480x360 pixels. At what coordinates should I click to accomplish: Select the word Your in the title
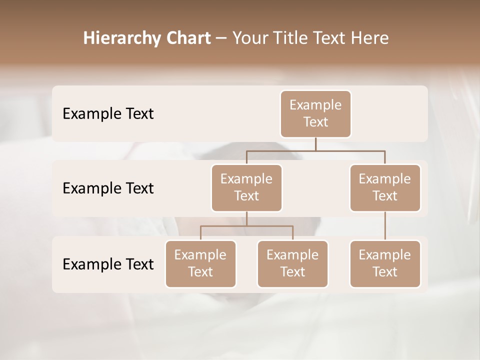(248, 38)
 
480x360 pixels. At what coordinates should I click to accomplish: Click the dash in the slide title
(221, 39)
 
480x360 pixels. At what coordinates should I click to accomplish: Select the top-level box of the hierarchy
(315, 113)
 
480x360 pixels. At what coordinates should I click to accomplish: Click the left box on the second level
(246, 187)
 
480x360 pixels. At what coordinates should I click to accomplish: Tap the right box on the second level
(385, 187)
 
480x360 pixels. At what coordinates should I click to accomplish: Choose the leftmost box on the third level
(200, 263)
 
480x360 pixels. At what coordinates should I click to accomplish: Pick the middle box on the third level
(292, 263)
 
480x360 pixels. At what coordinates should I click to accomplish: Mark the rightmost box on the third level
(385, 263)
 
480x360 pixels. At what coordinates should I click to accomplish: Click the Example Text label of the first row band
(108, 113)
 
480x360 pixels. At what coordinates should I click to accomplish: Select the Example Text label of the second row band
(108, 188)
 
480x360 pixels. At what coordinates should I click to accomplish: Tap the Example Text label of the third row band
(108, 264)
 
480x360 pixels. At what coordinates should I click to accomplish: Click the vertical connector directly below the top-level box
(315, 144)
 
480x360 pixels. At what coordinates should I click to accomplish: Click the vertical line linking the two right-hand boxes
(385, 226)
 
